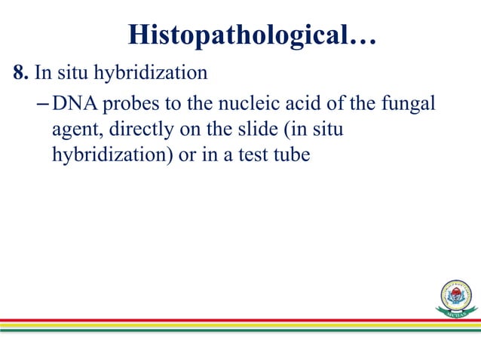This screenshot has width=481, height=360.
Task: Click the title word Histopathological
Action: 242,35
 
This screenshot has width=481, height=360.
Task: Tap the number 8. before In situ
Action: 20,73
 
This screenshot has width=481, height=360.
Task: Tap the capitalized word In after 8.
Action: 42,73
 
